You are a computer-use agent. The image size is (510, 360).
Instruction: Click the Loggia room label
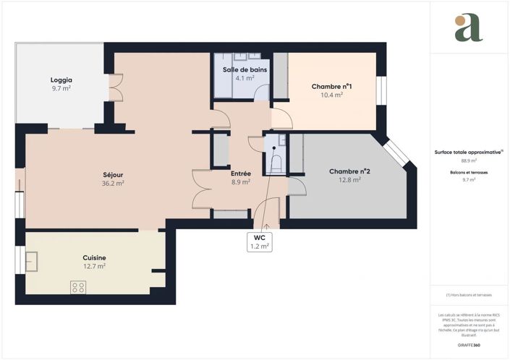pos(61,80)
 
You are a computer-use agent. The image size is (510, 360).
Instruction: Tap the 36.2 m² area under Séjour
pos(112,184)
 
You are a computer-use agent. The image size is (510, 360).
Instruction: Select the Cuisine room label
pos(94,257)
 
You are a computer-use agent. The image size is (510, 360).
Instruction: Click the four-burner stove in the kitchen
pos(77,288)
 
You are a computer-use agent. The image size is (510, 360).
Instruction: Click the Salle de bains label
pos(245,69)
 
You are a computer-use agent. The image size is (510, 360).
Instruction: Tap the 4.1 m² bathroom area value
pos(245,78)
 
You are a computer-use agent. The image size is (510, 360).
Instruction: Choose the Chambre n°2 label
pos(349,171)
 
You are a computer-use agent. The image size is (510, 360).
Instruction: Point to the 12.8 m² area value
pos(349,180)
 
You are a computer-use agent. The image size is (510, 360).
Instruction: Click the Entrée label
pos(240,173)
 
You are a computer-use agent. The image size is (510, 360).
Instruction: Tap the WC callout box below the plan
pos(260,241)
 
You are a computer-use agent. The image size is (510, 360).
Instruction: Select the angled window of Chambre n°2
pos(398,153)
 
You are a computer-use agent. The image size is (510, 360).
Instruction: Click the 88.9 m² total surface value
pos(469,161)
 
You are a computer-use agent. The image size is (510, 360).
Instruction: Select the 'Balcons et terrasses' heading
pos(469,173)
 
